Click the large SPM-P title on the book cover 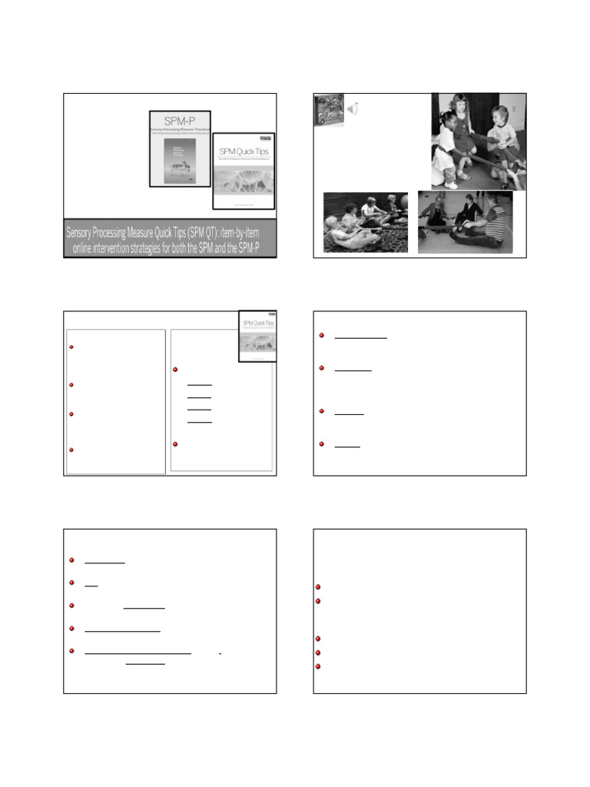[x=179, y=123]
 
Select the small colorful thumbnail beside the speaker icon [x=328, y=109]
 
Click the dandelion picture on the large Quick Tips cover [x=244, y=179]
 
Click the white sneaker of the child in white [x=452, y=184]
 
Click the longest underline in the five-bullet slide [x=138, y=653]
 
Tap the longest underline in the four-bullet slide [x=361, y=336]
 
